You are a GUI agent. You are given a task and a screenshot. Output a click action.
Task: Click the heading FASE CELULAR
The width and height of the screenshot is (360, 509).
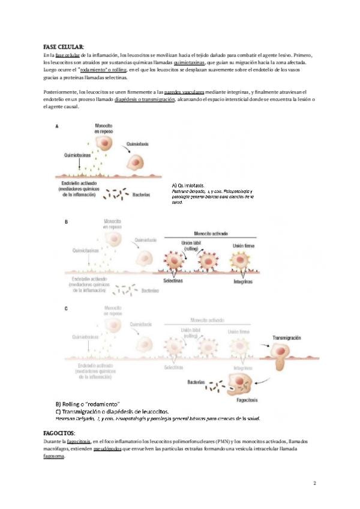64,47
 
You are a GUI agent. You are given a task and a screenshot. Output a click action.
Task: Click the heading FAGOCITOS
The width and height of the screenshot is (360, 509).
59,432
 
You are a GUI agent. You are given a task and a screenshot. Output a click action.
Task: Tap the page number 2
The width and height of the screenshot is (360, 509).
315,483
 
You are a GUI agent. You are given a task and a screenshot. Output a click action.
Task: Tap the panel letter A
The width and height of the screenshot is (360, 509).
56,127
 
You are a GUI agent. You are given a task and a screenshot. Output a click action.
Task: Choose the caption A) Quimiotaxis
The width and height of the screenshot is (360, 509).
188,185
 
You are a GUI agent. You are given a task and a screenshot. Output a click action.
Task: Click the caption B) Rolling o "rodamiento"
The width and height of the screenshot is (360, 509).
88,403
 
